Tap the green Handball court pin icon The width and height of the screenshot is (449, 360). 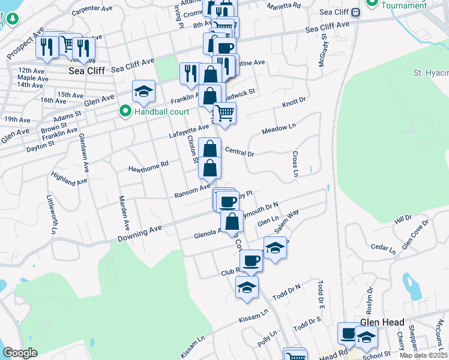[125, 112]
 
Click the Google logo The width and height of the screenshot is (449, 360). [20, 352]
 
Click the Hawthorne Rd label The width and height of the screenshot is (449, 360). [148, 166]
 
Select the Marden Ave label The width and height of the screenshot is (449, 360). [124, 214]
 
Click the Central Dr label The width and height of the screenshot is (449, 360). [239, 151]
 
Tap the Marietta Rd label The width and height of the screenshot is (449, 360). [283, 6]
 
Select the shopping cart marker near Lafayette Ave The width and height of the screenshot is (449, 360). [224, 113]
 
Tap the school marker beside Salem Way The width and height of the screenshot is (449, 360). [275, 247]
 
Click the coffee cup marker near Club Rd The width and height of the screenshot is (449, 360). [251, 260]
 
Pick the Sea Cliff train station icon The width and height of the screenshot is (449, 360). [355, 12]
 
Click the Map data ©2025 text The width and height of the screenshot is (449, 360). [423, 355]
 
